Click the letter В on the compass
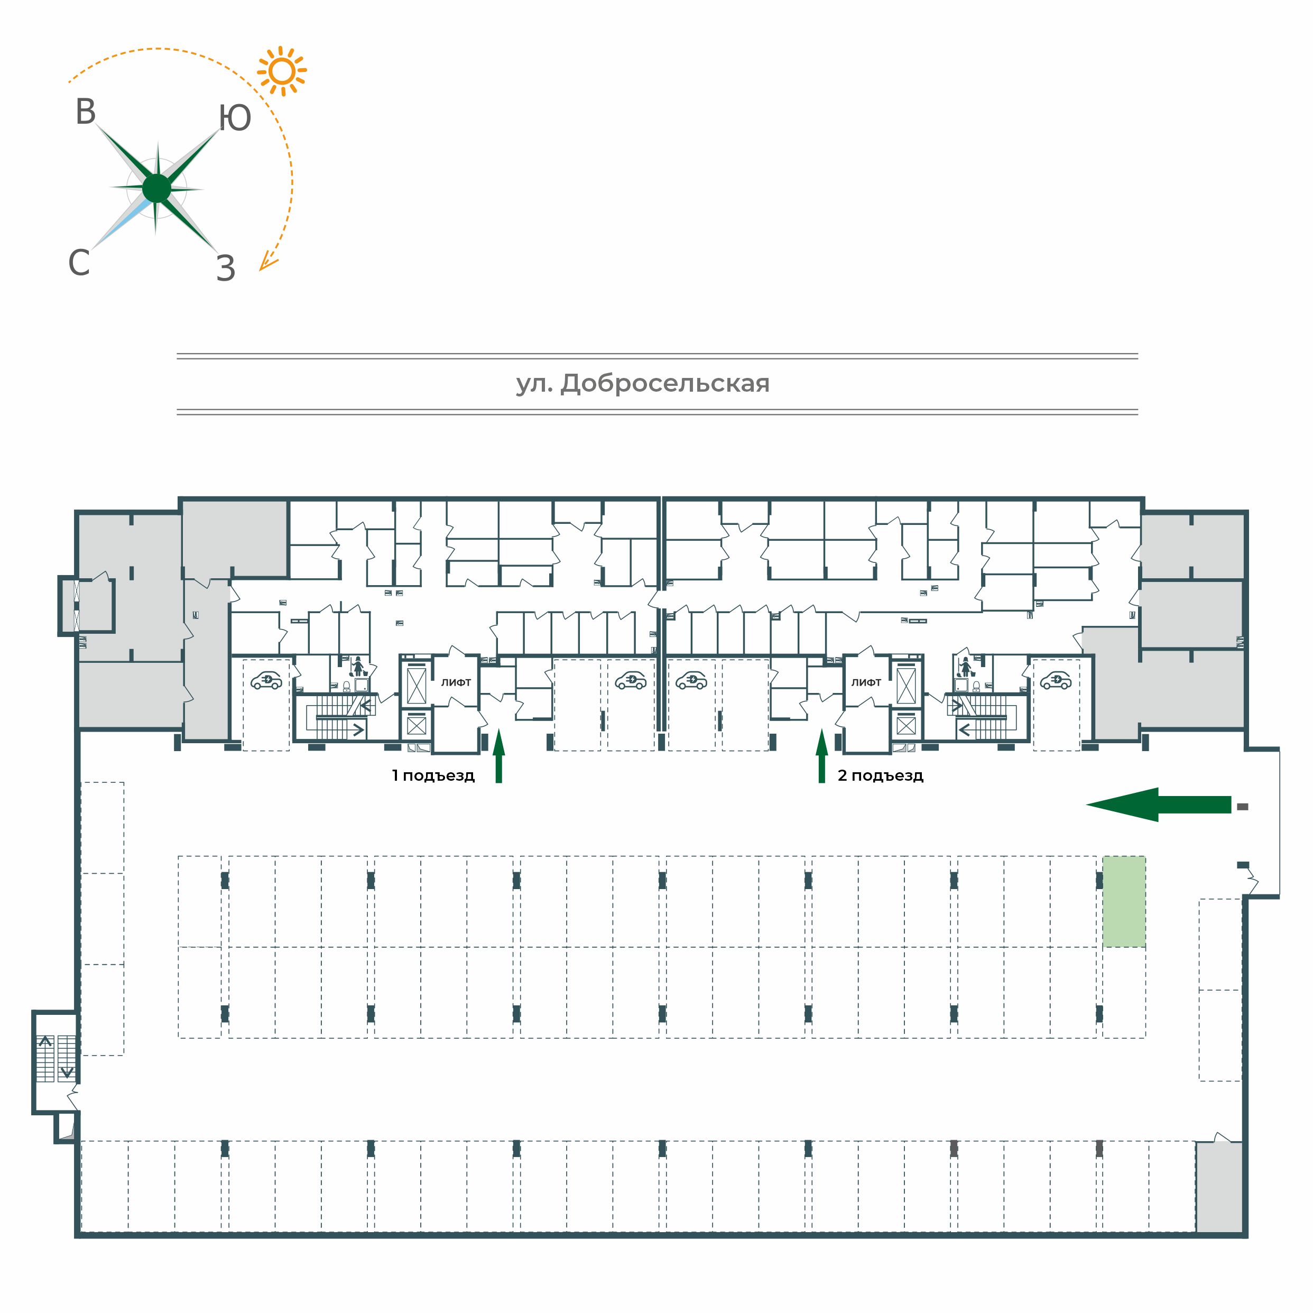[86, 112]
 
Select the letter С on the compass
[79, 262]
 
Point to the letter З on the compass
[226, 269]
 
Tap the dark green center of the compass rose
[157, 188]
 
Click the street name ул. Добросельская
[643, 384]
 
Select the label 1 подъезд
[433, 775]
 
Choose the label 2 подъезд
[880, 775]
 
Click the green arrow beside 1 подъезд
[499, 756]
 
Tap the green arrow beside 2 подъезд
[821, 756]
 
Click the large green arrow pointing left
[1158, 805]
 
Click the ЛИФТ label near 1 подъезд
[456, 682]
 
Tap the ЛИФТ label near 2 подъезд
[866, 682]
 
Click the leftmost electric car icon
[266, 680]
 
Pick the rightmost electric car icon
[1056, 680]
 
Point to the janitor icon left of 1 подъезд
[358, 667]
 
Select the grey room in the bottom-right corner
[1219, 1187]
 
